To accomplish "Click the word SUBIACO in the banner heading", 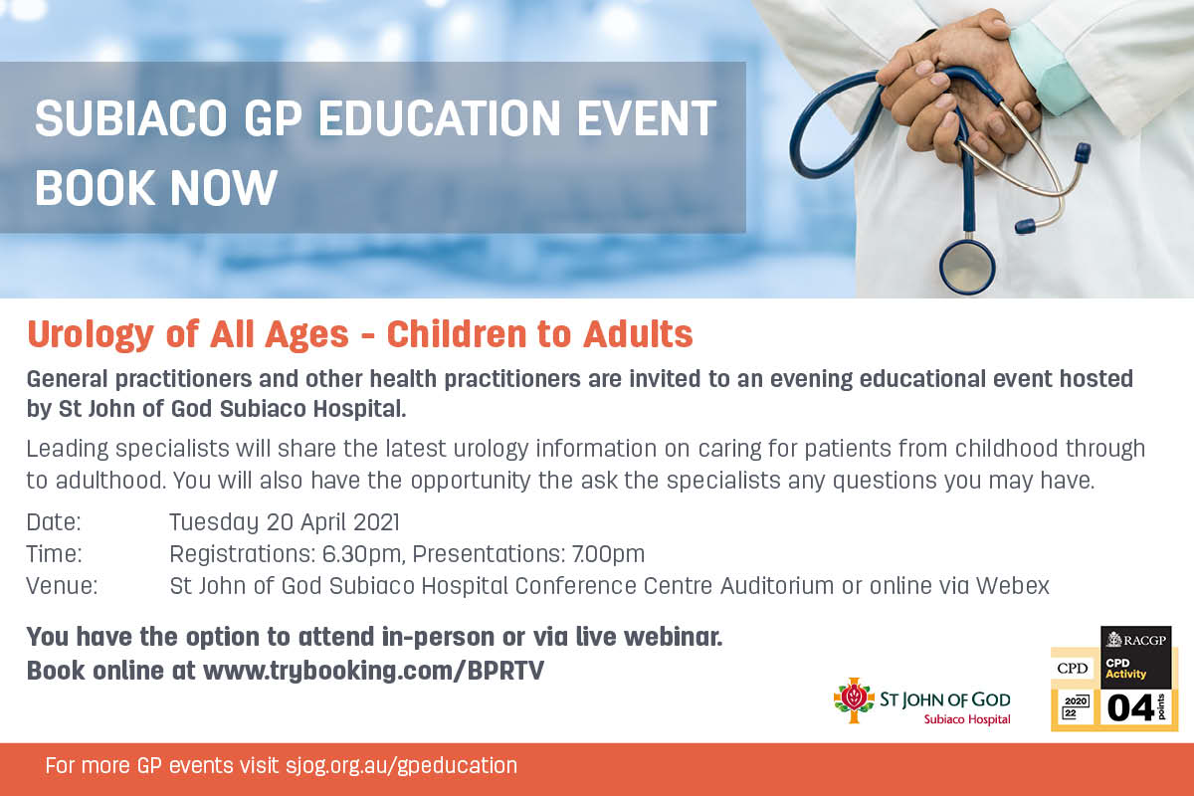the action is (x=131, y=118).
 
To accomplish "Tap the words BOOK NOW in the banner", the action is (x=155, y=187).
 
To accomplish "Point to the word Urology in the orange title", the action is (x=91, y=335).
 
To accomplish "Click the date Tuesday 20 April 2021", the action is (x=285, y=522).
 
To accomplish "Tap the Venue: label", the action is (x=62, y=586).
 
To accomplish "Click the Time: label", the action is (x=55, y=554).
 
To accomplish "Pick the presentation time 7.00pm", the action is (x=608, y=554).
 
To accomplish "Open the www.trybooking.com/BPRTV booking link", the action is (x=374, y=671).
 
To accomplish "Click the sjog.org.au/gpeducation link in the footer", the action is (x=401, y=766).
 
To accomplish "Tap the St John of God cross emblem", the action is (x=854, y=700).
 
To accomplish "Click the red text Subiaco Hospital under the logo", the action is (x=967, y=719).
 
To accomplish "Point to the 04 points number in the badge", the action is (x=1130, y=708).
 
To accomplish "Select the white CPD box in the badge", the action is (x=1073, y=668).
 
